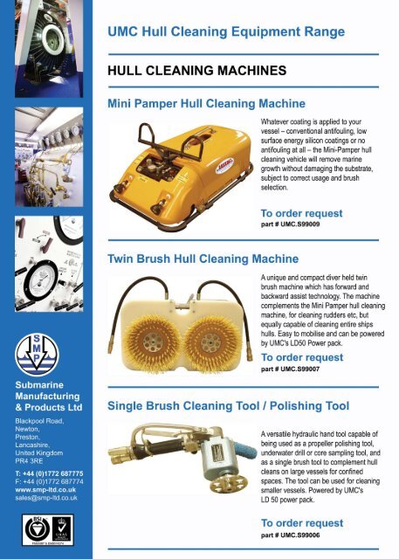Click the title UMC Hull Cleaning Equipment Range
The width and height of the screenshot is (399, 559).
pyautogui.click(x=225, y=31)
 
